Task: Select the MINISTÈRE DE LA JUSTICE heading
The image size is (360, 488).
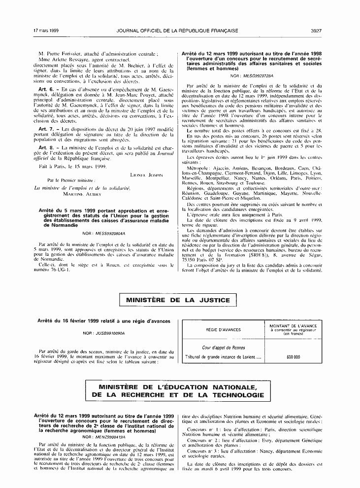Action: pyautogui.click(x=178, y=300)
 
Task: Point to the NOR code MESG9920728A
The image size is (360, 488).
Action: pyautogui.click(x=252, y=76)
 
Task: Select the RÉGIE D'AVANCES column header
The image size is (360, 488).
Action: pyautogui.click(x=223, y=329)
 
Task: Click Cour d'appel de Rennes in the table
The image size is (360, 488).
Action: pyautogui.click(x=223, y=348)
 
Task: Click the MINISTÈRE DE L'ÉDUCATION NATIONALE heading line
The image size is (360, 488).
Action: pyautogui.click(x=178, y=387)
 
